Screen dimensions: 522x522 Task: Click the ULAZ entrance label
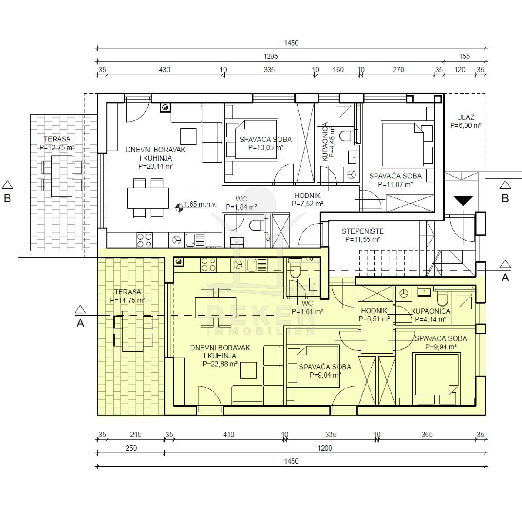[x=465, y=117]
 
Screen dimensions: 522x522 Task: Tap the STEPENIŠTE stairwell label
[x=362, y=231]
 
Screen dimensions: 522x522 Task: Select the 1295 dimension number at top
[x=271, y=57]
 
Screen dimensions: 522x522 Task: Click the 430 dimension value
[x=164, y=70]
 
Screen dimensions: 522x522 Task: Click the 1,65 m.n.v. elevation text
[x=200, y=204]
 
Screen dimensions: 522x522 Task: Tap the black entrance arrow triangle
[x=463, y=201]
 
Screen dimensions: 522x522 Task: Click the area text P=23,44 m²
[x=156, y=166]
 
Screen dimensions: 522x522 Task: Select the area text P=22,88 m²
[x=220, y=364]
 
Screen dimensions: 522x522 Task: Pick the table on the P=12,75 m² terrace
[x=62, y=176]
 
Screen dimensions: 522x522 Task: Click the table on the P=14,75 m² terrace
[x=133, y=331]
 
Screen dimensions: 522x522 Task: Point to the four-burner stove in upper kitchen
[x=144, y=240]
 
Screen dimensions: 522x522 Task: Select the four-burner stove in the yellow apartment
[x=208, y=264]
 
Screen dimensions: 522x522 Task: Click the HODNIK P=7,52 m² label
[x=308, y=200]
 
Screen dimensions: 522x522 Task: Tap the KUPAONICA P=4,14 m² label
[x=431, y=315]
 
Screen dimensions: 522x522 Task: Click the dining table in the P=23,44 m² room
[x=148, y=198]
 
